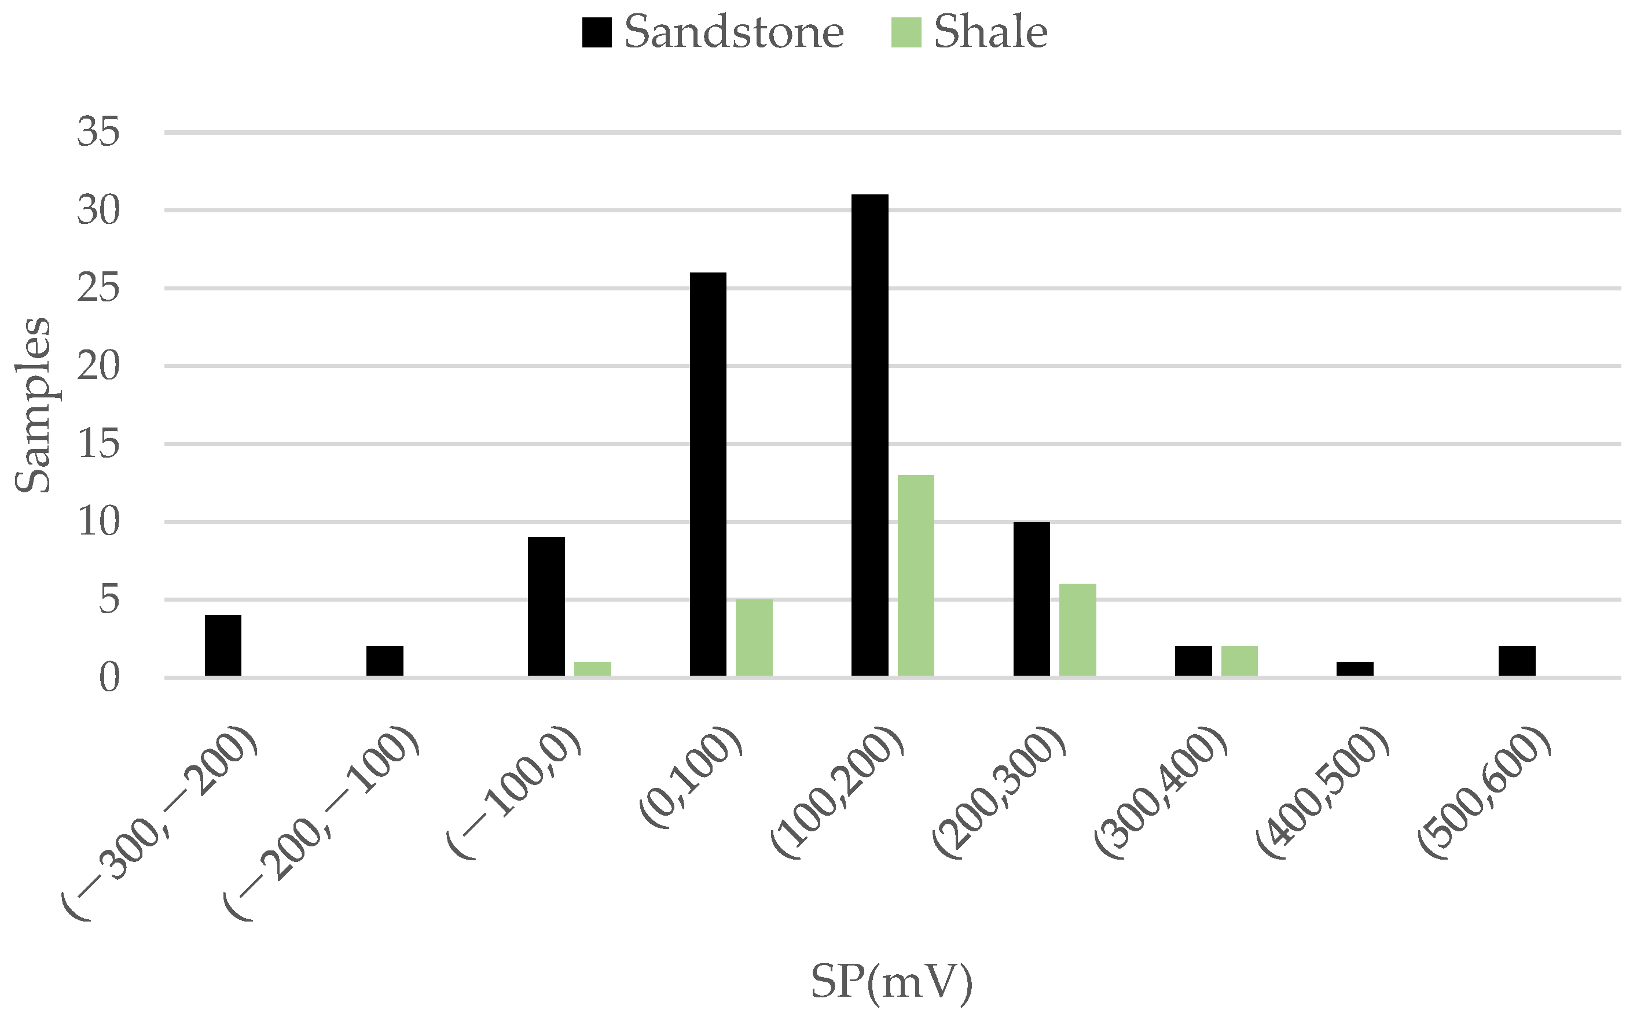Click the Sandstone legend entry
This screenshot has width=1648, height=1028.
712,32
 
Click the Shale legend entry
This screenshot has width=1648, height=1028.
968,32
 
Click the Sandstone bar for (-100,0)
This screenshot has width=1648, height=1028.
546,606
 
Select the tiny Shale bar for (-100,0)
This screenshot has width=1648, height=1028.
592,668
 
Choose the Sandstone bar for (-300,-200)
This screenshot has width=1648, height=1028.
223,645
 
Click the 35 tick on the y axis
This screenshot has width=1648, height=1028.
98,132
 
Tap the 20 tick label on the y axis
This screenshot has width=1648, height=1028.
98,366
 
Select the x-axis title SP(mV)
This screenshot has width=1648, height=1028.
891,982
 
